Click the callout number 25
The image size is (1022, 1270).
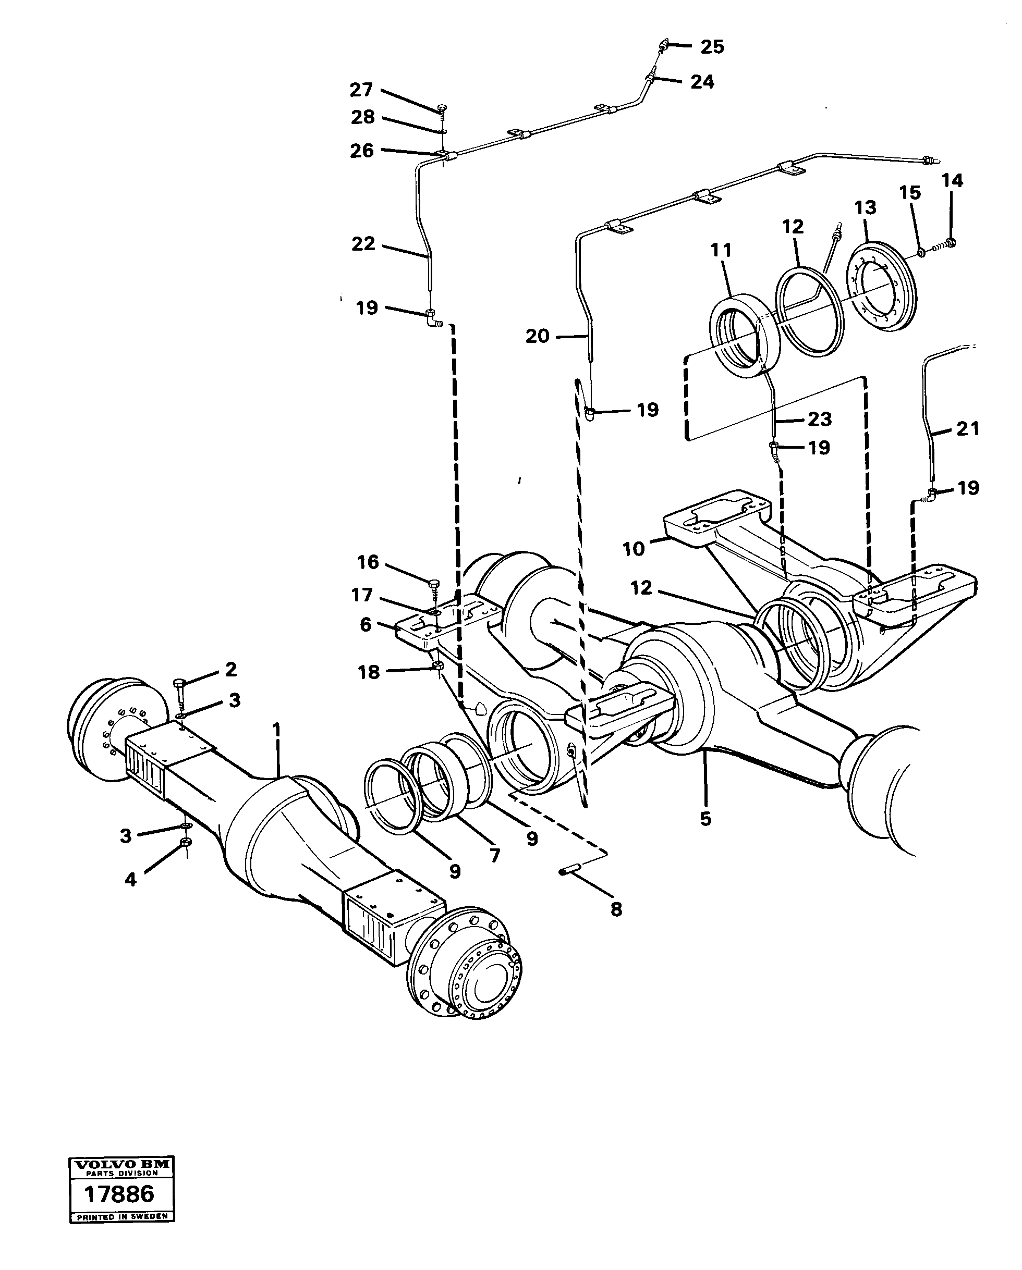[x=712, y=46]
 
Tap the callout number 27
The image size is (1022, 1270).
[x=361, y=90]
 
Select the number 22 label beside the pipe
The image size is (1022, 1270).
[x=363, y=243]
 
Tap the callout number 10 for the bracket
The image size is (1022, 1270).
[x=634, y=549]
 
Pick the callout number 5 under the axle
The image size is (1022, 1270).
[x=705, y=818]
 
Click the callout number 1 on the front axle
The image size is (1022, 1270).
[x=276, y=732]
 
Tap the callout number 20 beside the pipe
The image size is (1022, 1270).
[x=537, y=336]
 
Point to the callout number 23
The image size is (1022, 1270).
[x=819, y=420]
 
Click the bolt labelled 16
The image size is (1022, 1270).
[x=434, y=584]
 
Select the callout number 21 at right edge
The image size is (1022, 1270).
[x=967, y=429]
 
